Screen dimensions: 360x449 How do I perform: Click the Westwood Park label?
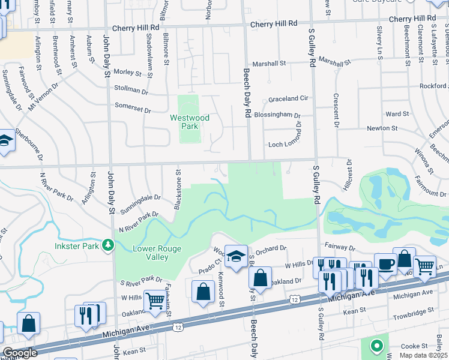click(190, 122)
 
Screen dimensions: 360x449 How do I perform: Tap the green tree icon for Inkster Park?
click(108, 244)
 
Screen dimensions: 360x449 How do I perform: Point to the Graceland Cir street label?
click(288, 98)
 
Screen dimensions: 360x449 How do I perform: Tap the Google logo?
click(19, 353)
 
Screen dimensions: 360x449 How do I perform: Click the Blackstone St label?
click(178, 189)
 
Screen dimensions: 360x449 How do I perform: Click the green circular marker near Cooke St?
click(376, 346)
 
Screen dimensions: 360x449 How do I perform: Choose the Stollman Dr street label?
click(130, 91)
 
